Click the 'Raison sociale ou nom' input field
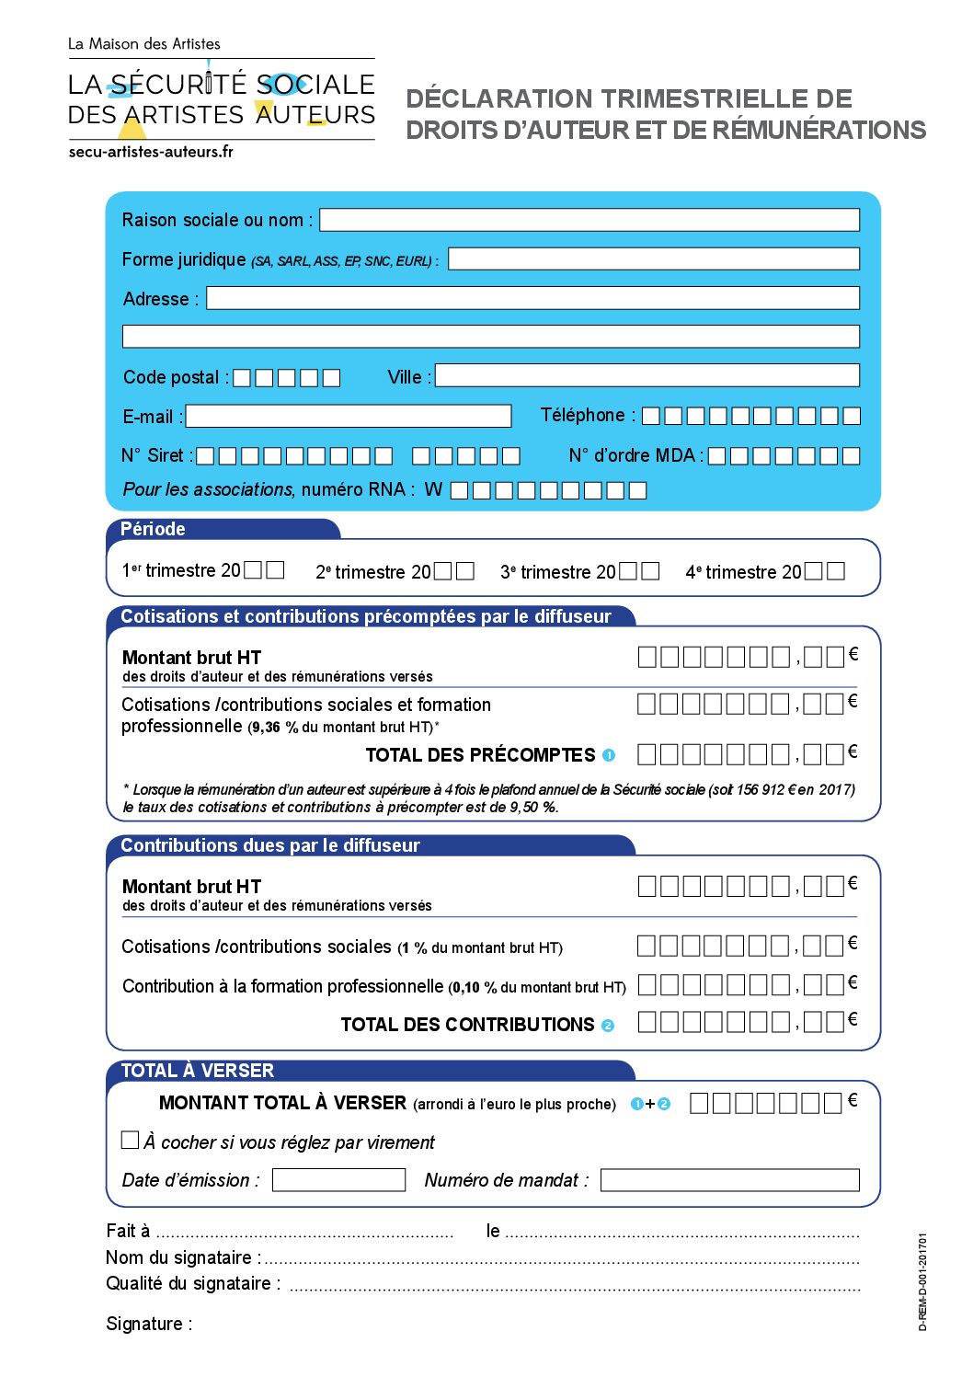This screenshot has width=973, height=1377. tap(589, 220)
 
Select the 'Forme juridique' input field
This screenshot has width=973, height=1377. tap(653, 259)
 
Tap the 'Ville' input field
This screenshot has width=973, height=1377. tap(647, 375)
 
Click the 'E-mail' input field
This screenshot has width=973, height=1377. tap(348, 417)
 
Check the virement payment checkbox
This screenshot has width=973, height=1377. tap(131, 1140)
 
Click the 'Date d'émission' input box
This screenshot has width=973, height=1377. tap(338, 1180)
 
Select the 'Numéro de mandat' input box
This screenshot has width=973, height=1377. tap(729, 1180)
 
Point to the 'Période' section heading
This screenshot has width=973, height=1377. tap(153, 529)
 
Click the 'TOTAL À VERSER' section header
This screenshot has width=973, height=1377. tap(198, 1071)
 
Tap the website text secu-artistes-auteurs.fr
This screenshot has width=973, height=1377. tap(151, 152)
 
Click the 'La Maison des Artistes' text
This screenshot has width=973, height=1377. tap(144, 43)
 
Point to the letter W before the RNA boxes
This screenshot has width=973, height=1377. tap(433, 489)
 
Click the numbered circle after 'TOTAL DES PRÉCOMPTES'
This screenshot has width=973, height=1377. tap(609, 755)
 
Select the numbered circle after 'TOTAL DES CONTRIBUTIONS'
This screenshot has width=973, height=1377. tap(608, 1026)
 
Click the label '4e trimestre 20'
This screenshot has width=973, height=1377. tap(743, 572)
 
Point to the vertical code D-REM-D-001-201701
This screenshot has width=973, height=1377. tap(922, 1281)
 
